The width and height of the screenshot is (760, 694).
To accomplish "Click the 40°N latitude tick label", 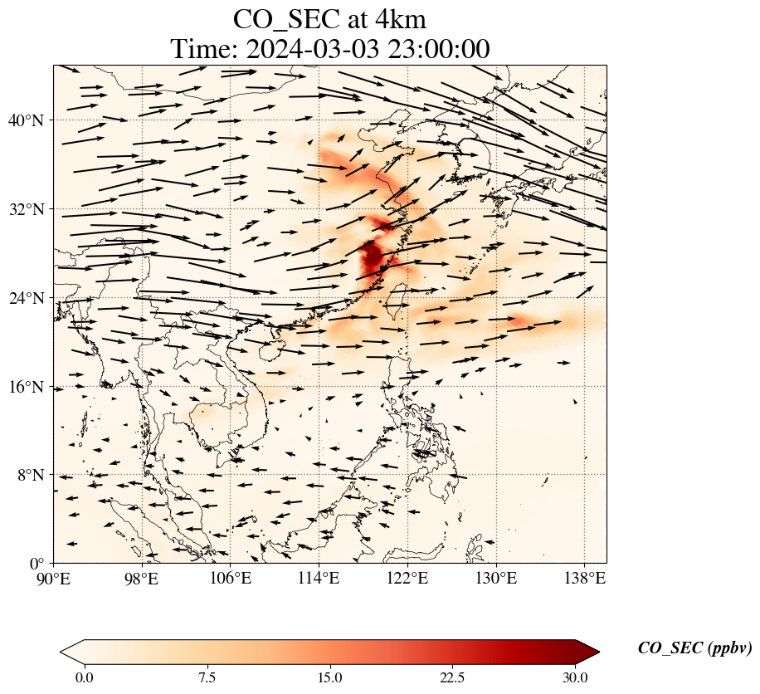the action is (x=25, y=120).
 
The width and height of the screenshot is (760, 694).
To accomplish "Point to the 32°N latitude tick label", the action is (x=25, y=209).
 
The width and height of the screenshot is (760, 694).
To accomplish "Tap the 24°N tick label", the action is (x=25, y=298).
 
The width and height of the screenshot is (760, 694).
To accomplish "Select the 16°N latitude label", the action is (x=25, y=387).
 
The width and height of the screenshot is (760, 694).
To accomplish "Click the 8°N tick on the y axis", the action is (x=31, y=475).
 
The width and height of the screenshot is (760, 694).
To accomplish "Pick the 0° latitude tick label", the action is (x=37, y=564).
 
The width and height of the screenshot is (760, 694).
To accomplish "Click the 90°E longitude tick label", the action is (x=54, y=578).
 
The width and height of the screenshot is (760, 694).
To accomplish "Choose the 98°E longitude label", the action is (x=142, y=578).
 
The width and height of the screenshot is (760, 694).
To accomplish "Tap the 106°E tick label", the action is (x=230, y=578).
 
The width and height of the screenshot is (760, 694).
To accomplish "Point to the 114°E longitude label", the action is (x=319, y=578).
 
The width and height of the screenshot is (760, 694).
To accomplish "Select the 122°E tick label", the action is (x=407, y=578).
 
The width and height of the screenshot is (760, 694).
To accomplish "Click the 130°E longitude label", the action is (x=496, y=578).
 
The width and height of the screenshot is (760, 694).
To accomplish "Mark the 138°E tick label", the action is (x=585, y=578).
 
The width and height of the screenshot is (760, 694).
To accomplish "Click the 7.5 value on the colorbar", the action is (x=207, y=677).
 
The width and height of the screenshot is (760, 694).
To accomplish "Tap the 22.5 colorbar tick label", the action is (x=452, y=677).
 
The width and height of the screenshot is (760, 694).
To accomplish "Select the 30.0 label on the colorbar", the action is (x=575, y=677).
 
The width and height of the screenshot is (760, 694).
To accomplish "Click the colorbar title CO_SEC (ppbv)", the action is (x=694, y=648).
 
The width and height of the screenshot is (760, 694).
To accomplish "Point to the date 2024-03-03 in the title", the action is (x=313, y=49).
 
